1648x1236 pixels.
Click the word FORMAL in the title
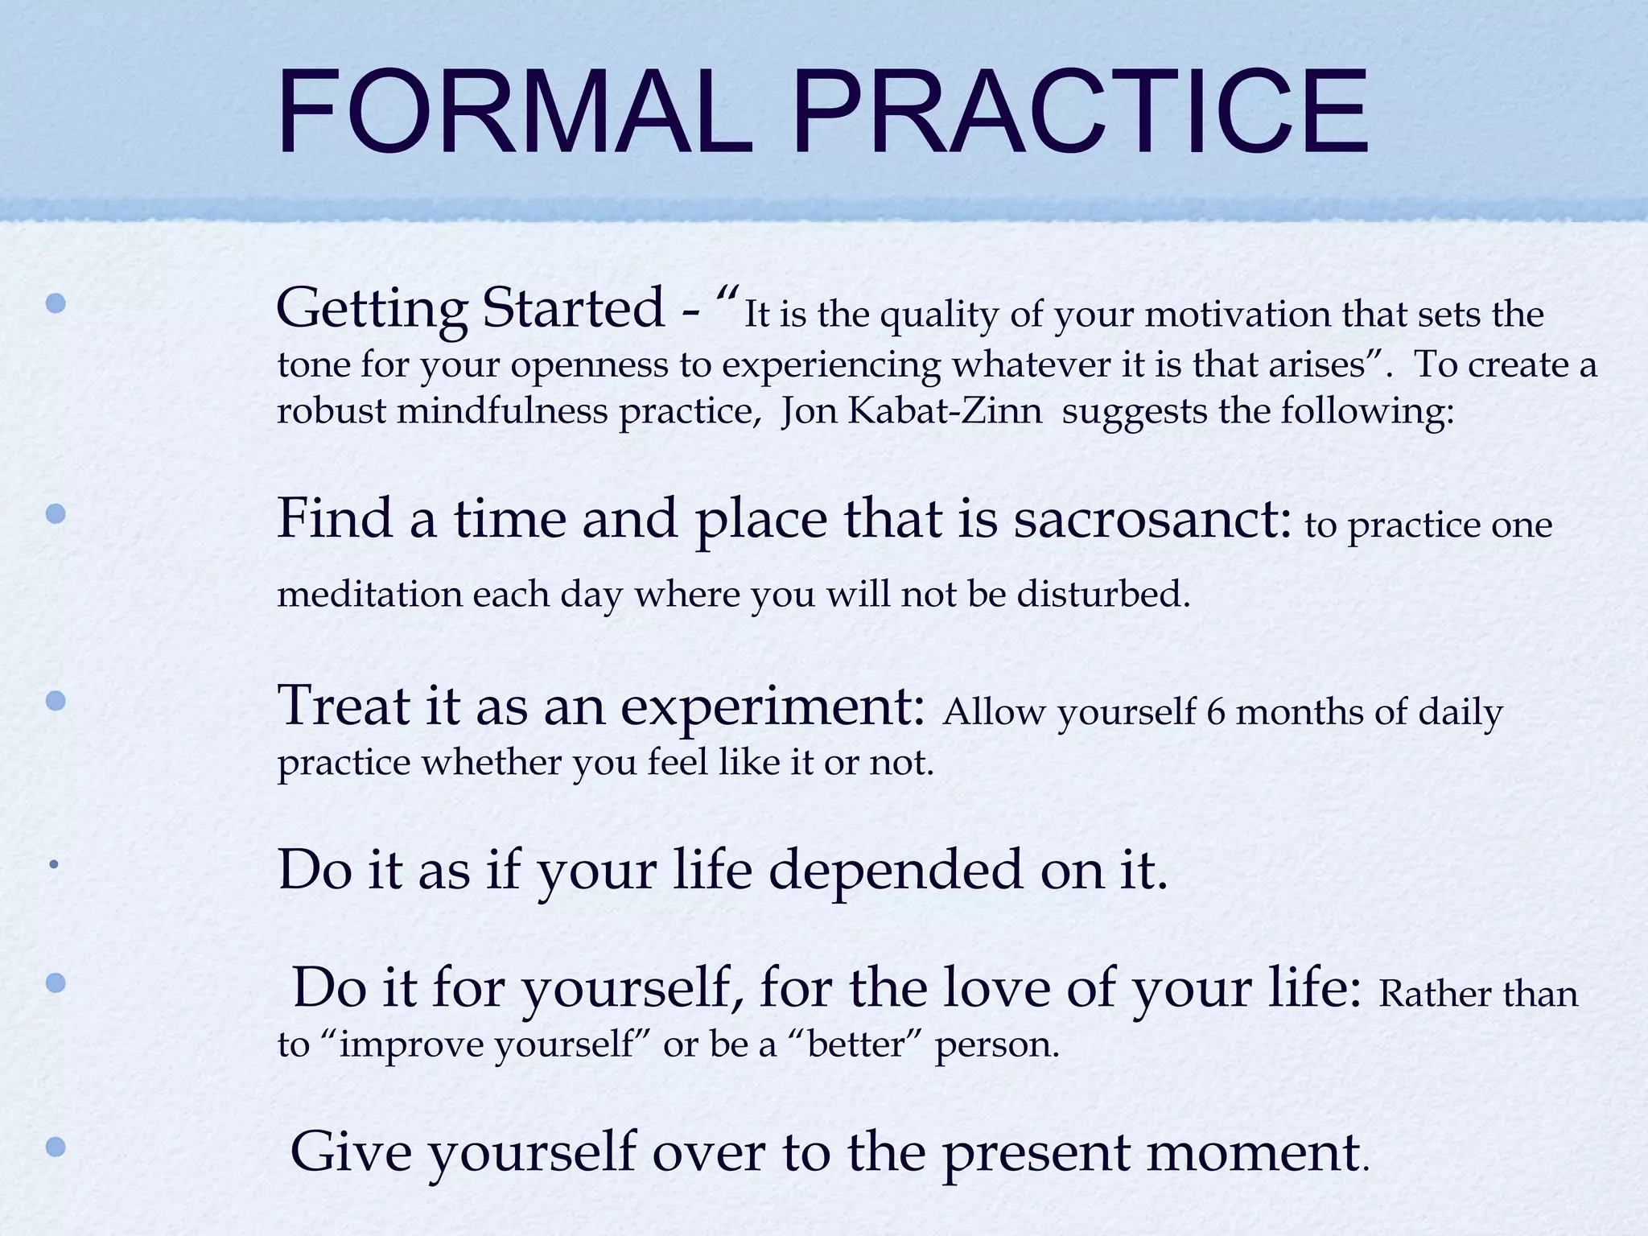tap(515, 113)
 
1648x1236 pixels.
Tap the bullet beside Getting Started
tap(56, 303)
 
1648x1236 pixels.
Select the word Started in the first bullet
tap(573, 308)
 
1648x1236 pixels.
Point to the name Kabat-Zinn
tap(946, 411)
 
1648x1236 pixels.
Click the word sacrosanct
tap(1152, 519)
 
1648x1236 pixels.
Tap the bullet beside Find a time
tap(56, 513)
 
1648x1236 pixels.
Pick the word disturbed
tap(1102, 594)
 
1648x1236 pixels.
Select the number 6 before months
tap(1215, 712)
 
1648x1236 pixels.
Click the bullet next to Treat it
tap(56, 700)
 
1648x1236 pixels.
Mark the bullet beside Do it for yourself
tap(56, 983)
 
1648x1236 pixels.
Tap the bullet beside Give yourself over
tap(56, 1146)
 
